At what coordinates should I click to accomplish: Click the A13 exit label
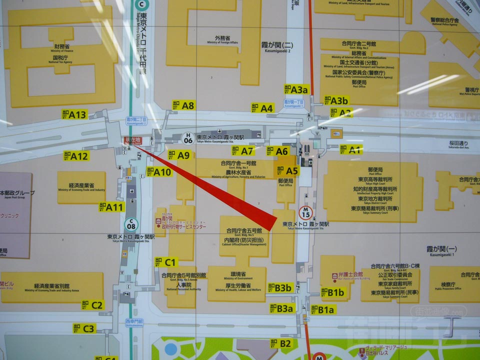point(74,114)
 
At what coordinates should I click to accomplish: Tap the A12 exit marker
point(76,156)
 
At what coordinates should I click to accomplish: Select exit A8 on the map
point(183,105)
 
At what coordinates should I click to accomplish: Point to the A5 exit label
point(287,171)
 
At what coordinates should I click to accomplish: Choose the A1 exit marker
point(351,149)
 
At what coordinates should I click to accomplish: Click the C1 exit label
point(166,262)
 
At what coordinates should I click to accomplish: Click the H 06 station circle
point(188,138)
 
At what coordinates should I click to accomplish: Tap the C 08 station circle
point(130,223)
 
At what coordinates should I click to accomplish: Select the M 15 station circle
point(306,211)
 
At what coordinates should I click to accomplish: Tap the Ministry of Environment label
point(237,274)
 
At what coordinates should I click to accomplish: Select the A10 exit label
point(158,171)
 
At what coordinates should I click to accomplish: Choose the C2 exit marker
point(93,304)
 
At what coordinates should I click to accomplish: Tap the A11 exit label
point(111,206)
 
